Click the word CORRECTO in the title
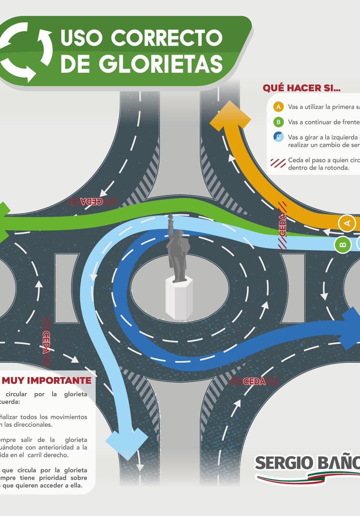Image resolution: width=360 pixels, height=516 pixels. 167,38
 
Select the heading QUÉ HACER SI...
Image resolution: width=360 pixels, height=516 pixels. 301,88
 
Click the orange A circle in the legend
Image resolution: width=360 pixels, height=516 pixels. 278,107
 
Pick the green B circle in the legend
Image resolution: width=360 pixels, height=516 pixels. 278,122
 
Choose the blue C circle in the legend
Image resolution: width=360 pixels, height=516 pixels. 278,137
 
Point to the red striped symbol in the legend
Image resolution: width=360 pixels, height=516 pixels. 278,163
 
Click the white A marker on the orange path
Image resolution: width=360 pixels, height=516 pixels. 346,223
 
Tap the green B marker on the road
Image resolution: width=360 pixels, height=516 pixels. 342,245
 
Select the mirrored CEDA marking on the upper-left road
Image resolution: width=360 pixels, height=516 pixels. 92,201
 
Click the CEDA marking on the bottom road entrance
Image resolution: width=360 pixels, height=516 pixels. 254,381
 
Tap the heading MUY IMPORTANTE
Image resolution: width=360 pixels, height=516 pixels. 47,380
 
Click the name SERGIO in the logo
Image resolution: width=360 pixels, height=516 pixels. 283,463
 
